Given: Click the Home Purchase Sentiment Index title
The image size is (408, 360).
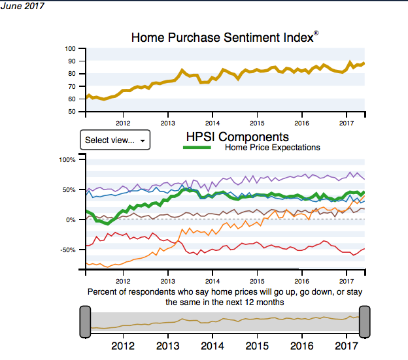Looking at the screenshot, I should click(x=222, y=37).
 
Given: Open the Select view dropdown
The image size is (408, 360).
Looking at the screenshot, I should click(x=114, y=140).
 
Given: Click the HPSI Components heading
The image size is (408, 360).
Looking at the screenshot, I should click(x=237, y=137).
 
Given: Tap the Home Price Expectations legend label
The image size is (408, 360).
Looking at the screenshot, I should click(x=272, y=148).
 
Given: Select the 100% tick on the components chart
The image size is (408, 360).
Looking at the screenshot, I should click(x=68, y=159).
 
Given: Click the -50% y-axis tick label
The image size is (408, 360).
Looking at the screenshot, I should click(x=68, y=250).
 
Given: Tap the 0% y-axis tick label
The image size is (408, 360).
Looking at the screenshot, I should click(x=71, y=220).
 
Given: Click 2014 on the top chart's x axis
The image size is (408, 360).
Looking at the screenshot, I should click(x=212, y=122).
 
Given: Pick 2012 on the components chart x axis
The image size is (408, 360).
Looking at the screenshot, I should click(x=122, y=273).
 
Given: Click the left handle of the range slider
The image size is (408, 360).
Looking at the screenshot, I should click(x=85, y=321).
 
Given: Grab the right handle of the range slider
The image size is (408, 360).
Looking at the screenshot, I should click(x=364, y=321).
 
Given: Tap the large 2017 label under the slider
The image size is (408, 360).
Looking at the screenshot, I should click(x=346, y=346).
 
